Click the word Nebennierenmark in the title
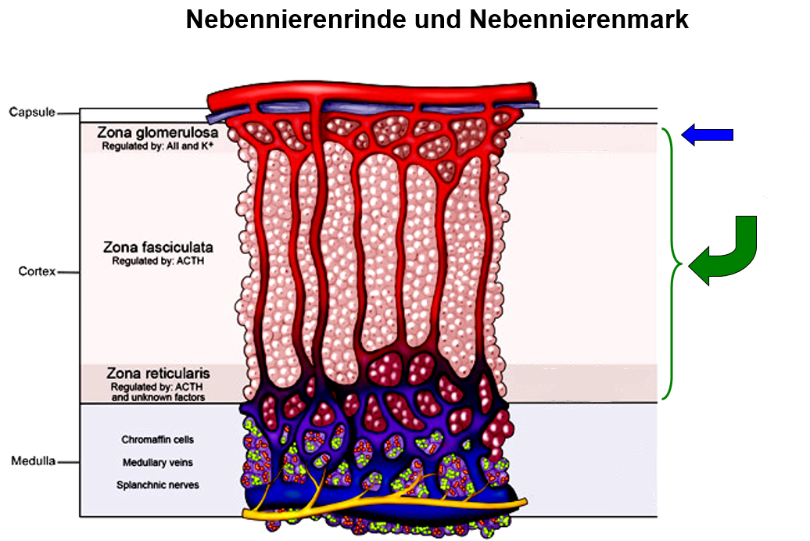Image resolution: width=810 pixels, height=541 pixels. tap(579, 20)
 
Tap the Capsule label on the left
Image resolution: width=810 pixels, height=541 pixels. tap(32, 112)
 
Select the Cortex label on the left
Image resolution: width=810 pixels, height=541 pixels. tap(38, 272)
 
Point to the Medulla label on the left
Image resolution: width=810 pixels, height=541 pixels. tap(33, 460)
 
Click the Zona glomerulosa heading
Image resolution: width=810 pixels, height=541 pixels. tap(158, 132)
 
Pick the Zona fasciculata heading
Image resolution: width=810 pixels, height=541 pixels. tap(158, 247)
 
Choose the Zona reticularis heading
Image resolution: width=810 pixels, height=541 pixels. tap(158, 373)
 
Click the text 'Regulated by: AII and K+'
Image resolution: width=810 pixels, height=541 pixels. tap(158, 146)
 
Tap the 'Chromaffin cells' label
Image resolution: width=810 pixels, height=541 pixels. tap(158, 439)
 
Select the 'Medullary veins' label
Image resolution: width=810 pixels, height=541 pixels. tap(158, 462)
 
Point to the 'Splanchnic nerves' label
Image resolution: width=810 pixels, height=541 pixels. tap(158, 485)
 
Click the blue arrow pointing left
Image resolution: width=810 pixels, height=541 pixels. tap(707, 135)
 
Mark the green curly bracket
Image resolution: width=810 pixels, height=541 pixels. tap(671, 264)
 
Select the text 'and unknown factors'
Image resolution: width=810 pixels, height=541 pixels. tap(158, 397)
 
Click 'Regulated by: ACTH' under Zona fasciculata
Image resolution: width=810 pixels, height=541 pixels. tap(158, 260)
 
